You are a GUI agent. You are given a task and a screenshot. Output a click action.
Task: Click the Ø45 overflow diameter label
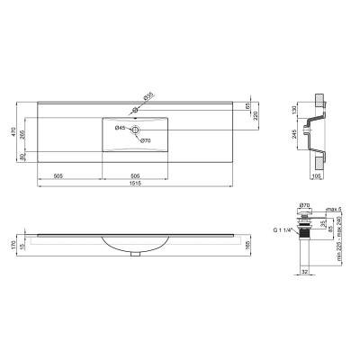[x=119, y=129]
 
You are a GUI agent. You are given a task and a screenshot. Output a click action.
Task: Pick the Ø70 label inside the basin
[x=145, y=141]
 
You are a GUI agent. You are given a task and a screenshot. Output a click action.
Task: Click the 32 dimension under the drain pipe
[x=306, y=269]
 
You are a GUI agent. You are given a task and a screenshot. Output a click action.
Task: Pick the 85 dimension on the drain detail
[x=329, y=229]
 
